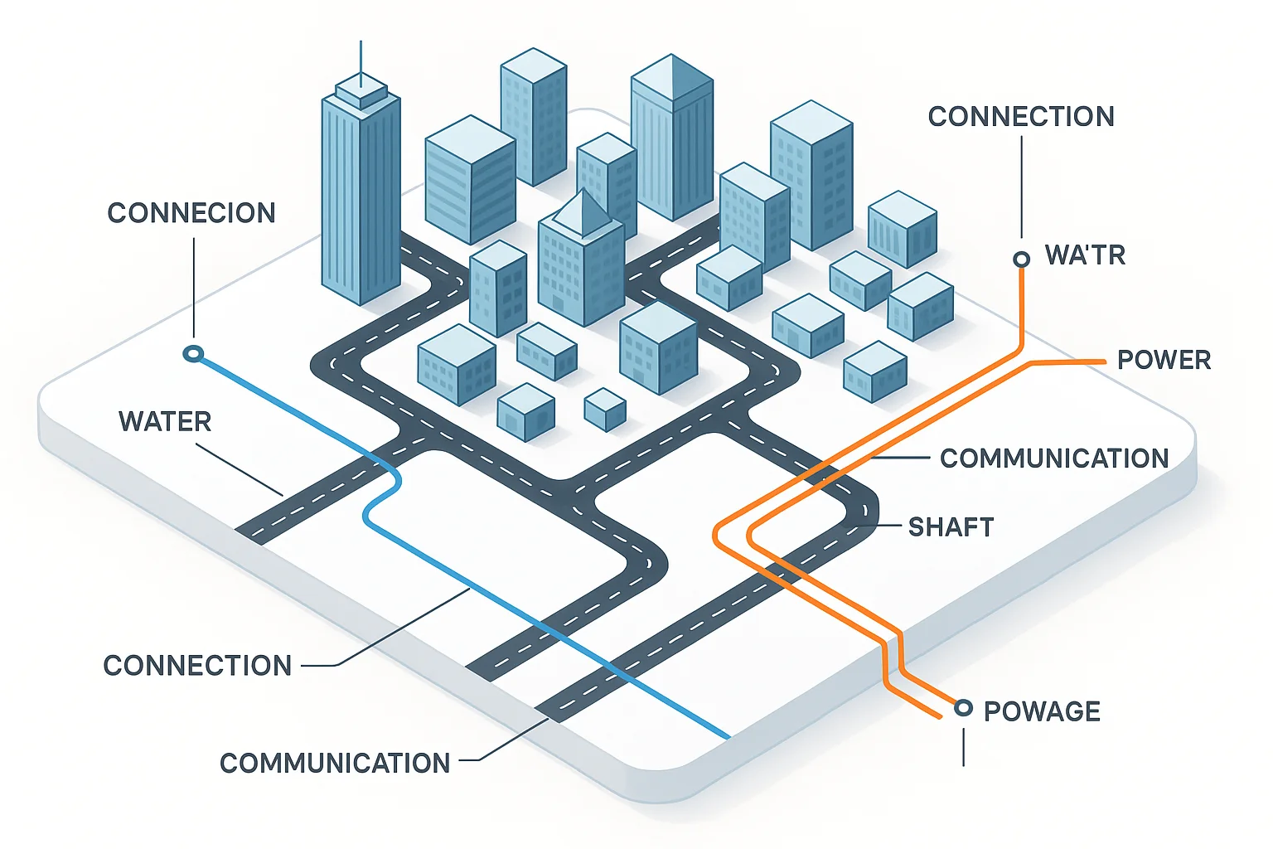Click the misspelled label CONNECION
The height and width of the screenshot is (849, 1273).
pos(191,213)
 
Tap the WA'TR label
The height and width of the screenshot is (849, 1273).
pos(1085,255)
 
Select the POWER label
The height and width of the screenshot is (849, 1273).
pos(1164,360)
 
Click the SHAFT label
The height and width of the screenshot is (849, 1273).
pos(951,527)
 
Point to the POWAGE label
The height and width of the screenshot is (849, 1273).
pos(1042,711)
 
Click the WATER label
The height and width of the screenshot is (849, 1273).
pos(165,421)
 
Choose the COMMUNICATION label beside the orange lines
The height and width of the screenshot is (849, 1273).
pos(1054,458)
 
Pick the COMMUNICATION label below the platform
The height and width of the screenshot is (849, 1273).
pos(335,763)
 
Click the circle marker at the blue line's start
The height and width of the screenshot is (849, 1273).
pos(193,354)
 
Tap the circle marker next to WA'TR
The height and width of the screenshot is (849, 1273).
pos(1022,260)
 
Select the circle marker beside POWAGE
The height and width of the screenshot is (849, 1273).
pos(963,708)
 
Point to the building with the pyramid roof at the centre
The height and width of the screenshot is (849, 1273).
pos(581,257)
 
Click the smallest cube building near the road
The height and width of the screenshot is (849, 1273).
pos(605,409)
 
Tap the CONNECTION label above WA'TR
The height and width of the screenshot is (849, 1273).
pos(1021,117)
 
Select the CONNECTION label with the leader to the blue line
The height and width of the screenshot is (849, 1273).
pos(197,665)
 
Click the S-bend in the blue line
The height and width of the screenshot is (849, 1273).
pos(383,496)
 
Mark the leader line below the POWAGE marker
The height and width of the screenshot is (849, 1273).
pos(963,746)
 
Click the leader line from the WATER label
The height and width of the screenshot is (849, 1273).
pos(240,469)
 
